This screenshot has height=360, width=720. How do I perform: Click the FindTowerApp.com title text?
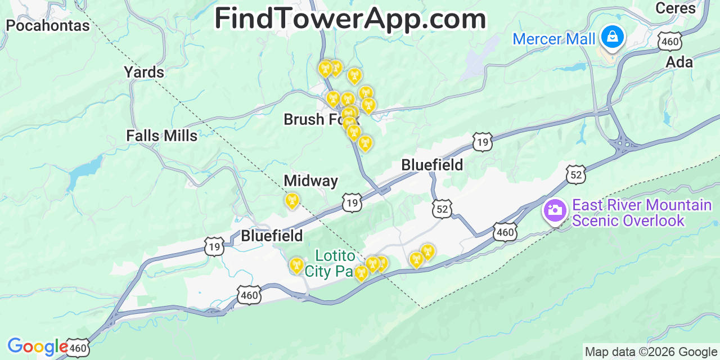coord(350,19)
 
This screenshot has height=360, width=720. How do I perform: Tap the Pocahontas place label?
coord(48,25)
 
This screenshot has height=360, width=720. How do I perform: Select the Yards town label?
coord(144,72)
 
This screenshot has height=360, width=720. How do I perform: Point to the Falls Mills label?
coord(161,136)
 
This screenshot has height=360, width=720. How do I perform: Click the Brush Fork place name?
coord(312,119)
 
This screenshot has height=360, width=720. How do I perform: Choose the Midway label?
coord(310,181)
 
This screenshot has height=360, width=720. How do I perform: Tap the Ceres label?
coord(676,8)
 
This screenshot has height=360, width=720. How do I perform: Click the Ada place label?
coord(679,62)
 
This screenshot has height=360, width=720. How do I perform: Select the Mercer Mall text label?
coord(553,39)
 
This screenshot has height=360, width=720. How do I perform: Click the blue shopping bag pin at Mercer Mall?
coord(611,37)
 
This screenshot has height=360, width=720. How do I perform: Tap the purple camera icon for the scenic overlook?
coord(555,211)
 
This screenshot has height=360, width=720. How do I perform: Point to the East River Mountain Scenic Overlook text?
coord(642,213)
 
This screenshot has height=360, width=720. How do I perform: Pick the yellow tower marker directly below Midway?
coord(292,200)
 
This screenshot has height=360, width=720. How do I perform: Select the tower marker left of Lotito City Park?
coord(296,264)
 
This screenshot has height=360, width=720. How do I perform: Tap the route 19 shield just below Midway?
coord(352,202)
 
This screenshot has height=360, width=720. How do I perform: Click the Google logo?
coord(37,346)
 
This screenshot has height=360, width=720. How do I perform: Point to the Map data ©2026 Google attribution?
coord(651,352)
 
